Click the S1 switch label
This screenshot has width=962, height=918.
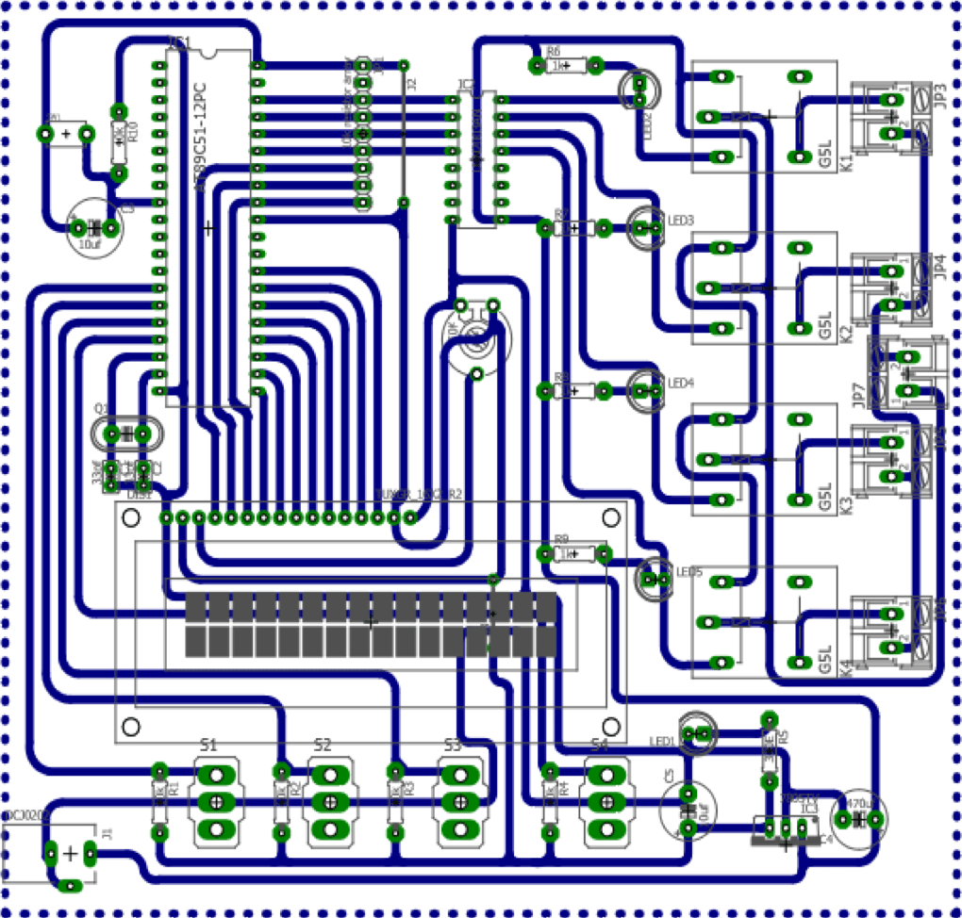tap(208, 746)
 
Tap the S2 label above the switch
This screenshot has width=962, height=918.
tap(323, 746)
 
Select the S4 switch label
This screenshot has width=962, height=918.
tap(599, 746)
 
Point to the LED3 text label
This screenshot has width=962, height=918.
tap(681, 221)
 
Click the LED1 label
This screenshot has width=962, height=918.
tap(663, 742)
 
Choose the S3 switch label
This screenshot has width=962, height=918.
tap(453, 746)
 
